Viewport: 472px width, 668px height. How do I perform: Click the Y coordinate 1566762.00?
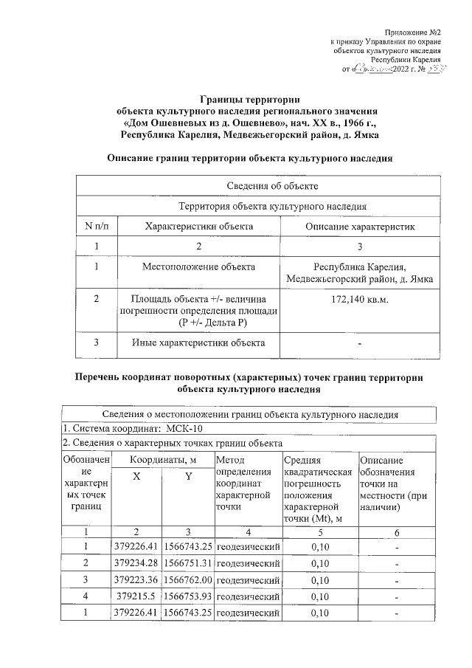[188, 579]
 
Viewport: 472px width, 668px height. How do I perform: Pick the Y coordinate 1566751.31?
[188, 562]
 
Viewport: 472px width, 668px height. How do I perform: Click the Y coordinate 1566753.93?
[188, 596]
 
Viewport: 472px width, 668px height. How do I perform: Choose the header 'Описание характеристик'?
[360, 227]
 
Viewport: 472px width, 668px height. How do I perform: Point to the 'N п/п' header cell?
[97, 227]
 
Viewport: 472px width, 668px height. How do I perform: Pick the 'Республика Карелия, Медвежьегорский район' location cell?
[360, 272]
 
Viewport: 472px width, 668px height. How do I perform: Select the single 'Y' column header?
[188, 477]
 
